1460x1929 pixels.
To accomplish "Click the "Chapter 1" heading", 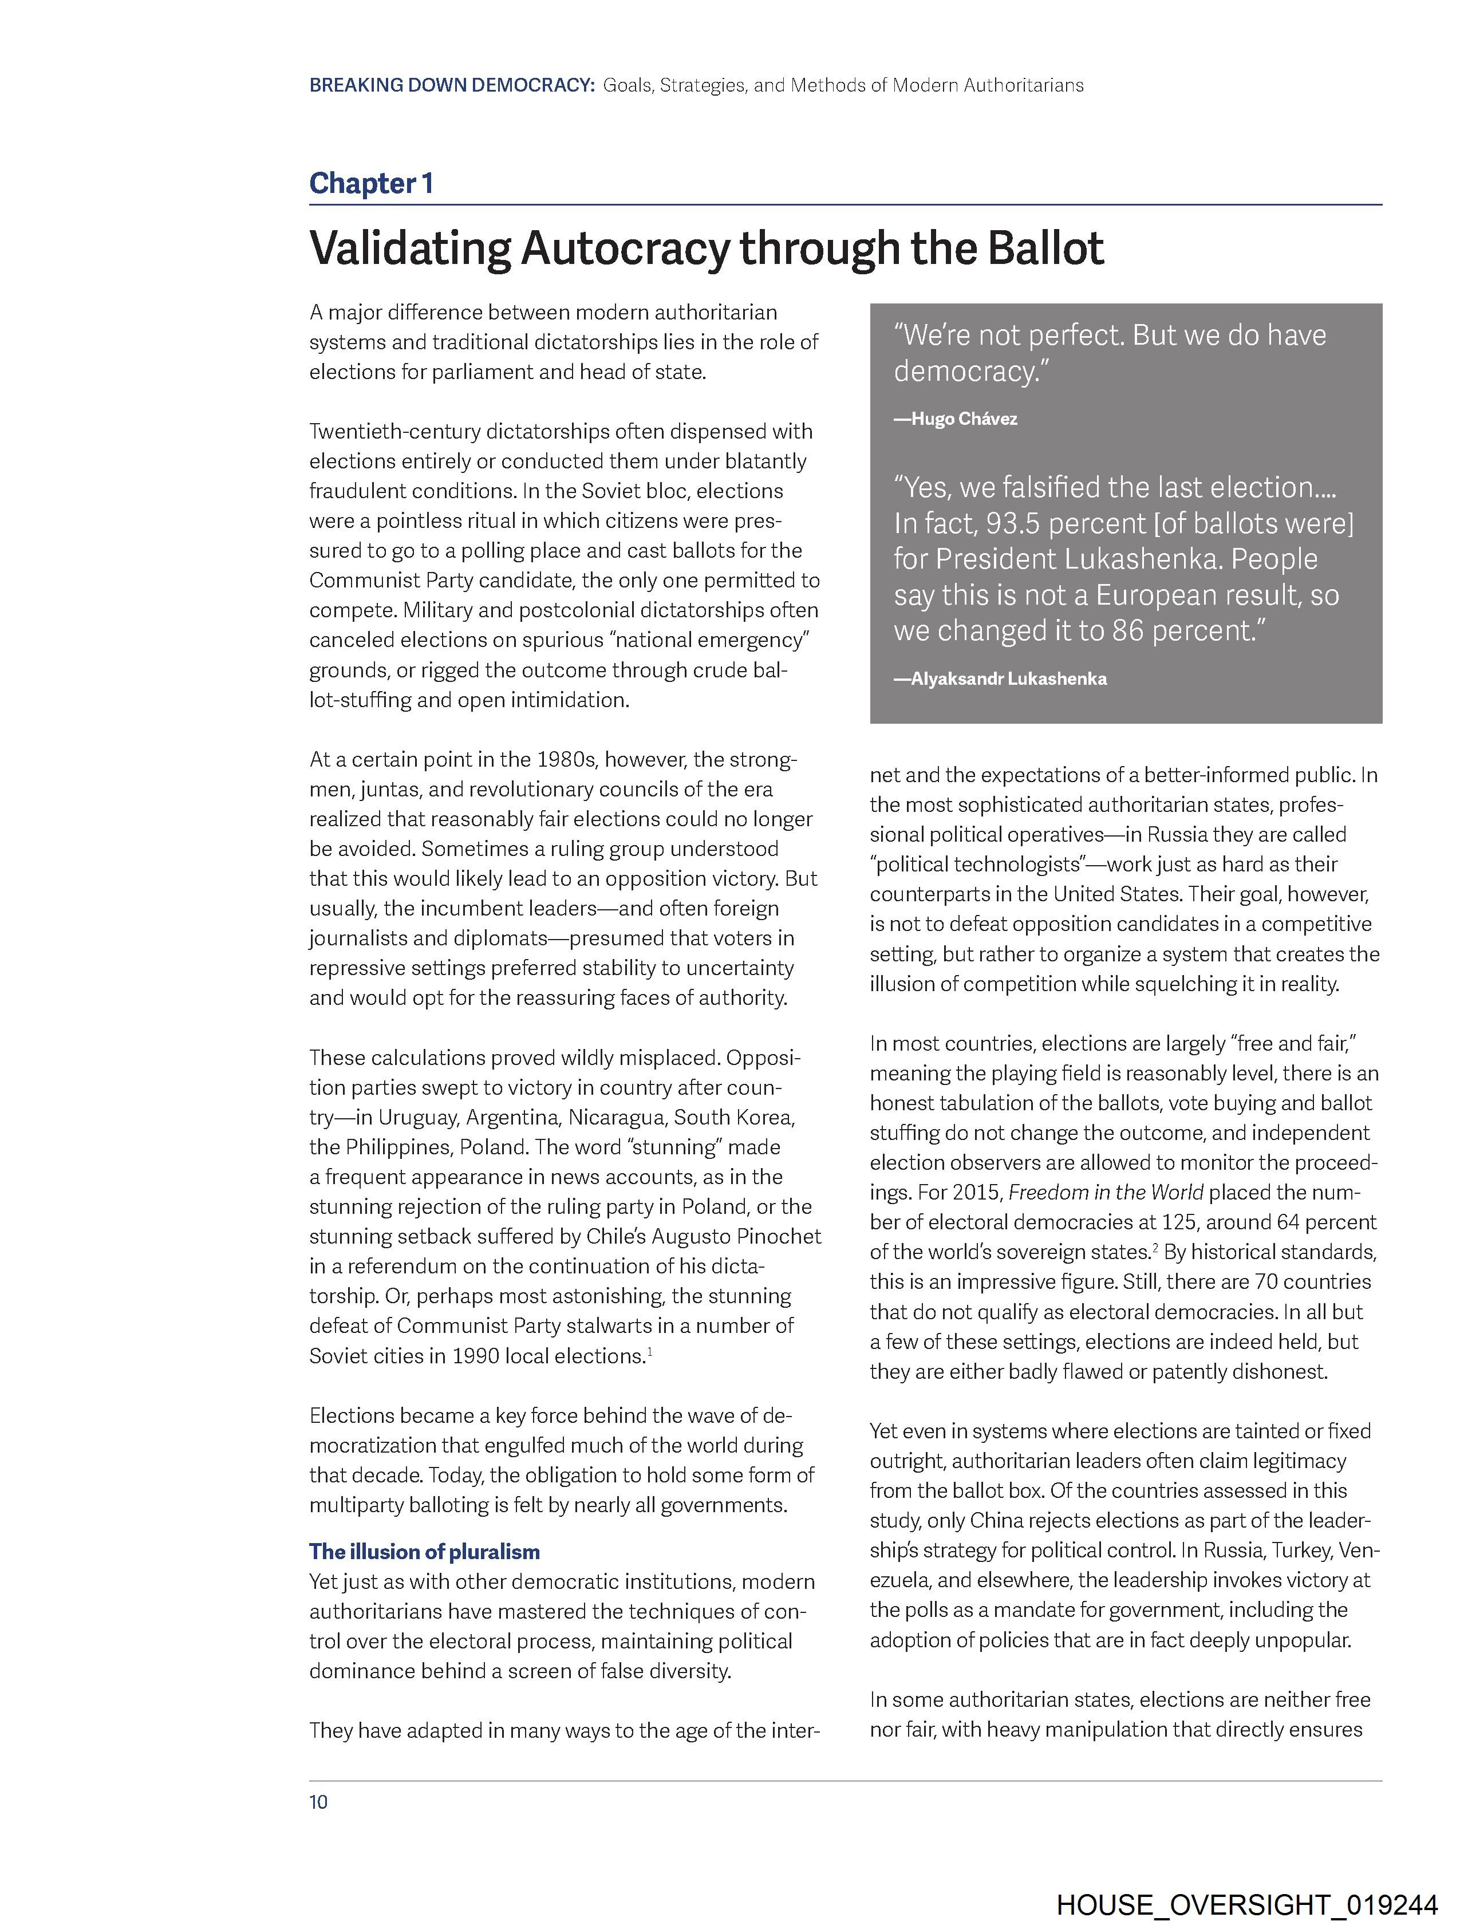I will (x=370, y=183).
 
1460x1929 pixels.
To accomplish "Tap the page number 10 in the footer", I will (x=318, y=1802).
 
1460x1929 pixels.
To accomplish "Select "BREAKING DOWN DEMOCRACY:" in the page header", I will (x=452, y=85).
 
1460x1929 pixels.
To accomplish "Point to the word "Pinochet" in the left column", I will (x=778, y=1237).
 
